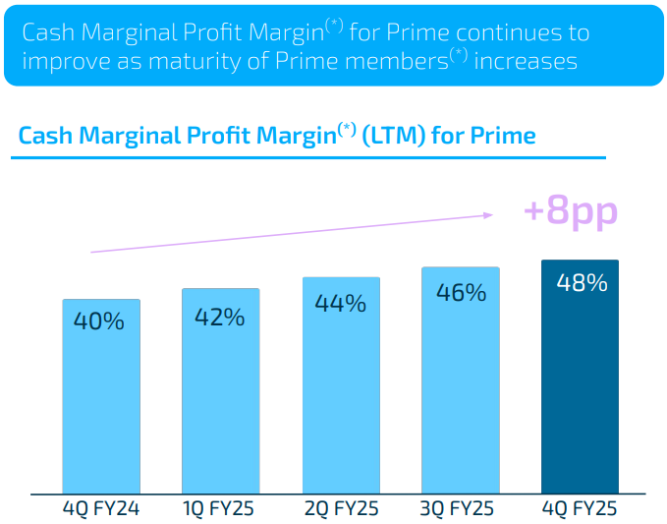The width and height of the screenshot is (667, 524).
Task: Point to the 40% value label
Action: point(99,320)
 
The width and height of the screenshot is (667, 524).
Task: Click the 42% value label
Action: point(219,317)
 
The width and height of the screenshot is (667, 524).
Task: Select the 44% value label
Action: point(340,304)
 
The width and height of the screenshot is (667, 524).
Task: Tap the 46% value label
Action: point(461,292)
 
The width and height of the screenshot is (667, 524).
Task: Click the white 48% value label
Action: point(582,283)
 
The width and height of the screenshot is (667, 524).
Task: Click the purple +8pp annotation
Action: point(571,211)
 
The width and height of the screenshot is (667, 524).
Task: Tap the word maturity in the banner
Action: point(211,62)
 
